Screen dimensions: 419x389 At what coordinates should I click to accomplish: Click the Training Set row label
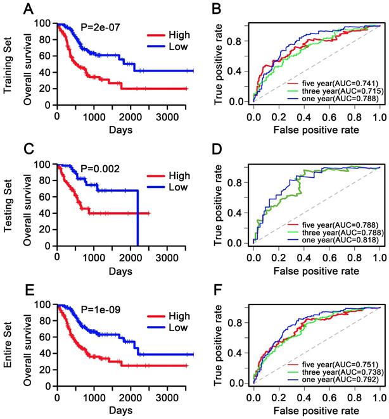tap(8, 63)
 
